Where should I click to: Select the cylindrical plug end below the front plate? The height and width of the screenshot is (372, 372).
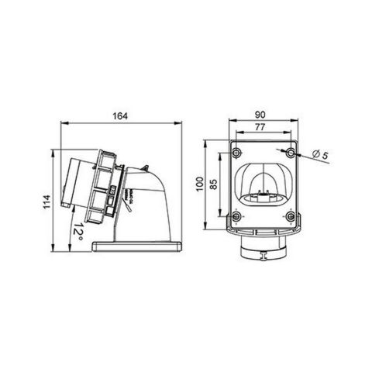(264, 252)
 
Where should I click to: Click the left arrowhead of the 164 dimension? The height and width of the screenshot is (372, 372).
(63, 124)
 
